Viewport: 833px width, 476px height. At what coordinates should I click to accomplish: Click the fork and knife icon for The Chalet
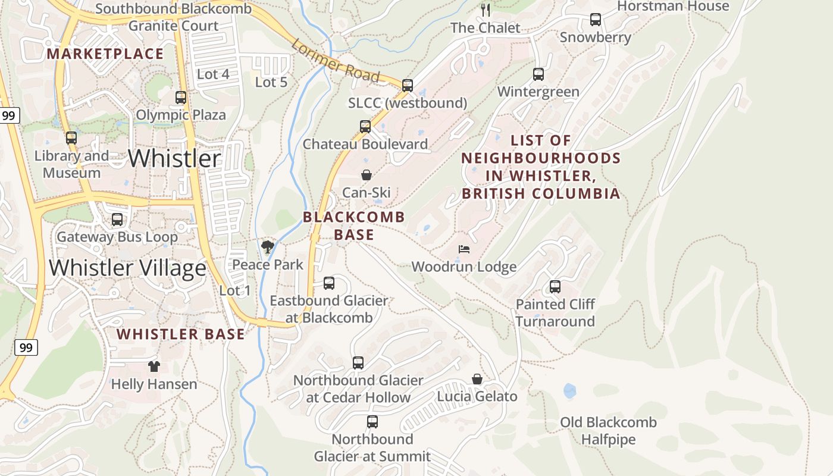pyautogui.click(x=486, y=10)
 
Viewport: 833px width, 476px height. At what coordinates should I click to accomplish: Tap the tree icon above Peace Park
pyautogui.click(x=268, y=246)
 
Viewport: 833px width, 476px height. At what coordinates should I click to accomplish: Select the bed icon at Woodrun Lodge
pyautogui.click(x=464, y=249)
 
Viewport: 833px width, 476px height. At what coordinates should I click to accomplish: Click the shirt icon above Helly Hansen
pyautogui.click(x=154, y=366)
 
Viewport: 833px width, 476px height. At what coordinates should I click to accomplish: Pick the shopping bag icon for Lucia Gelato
pyautogui.click(x=477, y=378)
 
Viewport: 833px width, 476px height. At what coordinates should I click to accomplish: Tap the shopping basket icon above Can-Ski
pyautogui.click(x=367, y=175)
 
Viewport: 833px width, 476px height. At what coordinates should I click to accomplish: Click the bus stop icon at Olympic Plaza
pyautogui.click(x=181, y=97)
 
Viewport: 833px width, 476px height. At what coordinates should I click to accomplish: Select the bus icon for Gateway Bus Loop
pyautogui.click(x=117, y=220)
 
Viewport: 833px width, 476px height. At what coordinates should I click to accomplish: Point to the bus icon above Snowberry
pyautogui.click(x=596, y=20)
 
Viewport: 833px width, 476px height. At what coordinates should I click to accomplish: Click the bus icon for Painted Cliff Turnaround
pyautogui.click(x=555, y=287)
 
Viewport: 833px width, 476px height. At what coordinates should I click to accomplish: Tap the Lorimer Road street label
pyautogui.click(x=335, y=61)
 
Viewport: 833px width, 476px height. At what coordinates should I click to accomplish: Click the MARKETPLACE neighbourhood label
pyautogui.click(x=105, y=54)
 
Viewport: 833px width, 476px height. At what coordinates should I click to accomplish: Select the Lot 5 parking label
pyautogui.click(x=271, y=82)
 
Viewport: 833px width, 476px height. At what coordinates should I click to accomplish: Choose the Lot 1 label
pyautogui.click(x=235, y=290)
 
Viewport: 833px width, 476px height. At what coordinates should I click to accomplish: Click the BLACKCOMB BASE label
pyautogui.click(x=354, y=226)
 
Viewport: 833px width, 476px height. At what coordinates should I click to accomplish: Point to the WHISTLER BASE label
pyautogui.click(x=181, y=334)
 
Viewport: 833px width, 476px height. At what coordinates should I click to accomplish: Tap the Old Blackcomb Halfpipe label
pyautogui.click(x=608, y=431)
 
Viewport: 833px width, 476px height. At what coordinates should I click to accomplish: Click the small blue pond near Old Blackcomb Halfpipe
pyautogui.click(x=569, y=391)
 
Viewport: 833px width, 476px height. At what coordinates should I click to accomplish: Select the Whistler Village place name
pyautogui.click(x=127, y=268)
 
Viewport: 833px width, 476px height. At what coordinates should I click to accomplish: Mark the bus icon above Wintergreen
pyautogui.click(x=538, y=74)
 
